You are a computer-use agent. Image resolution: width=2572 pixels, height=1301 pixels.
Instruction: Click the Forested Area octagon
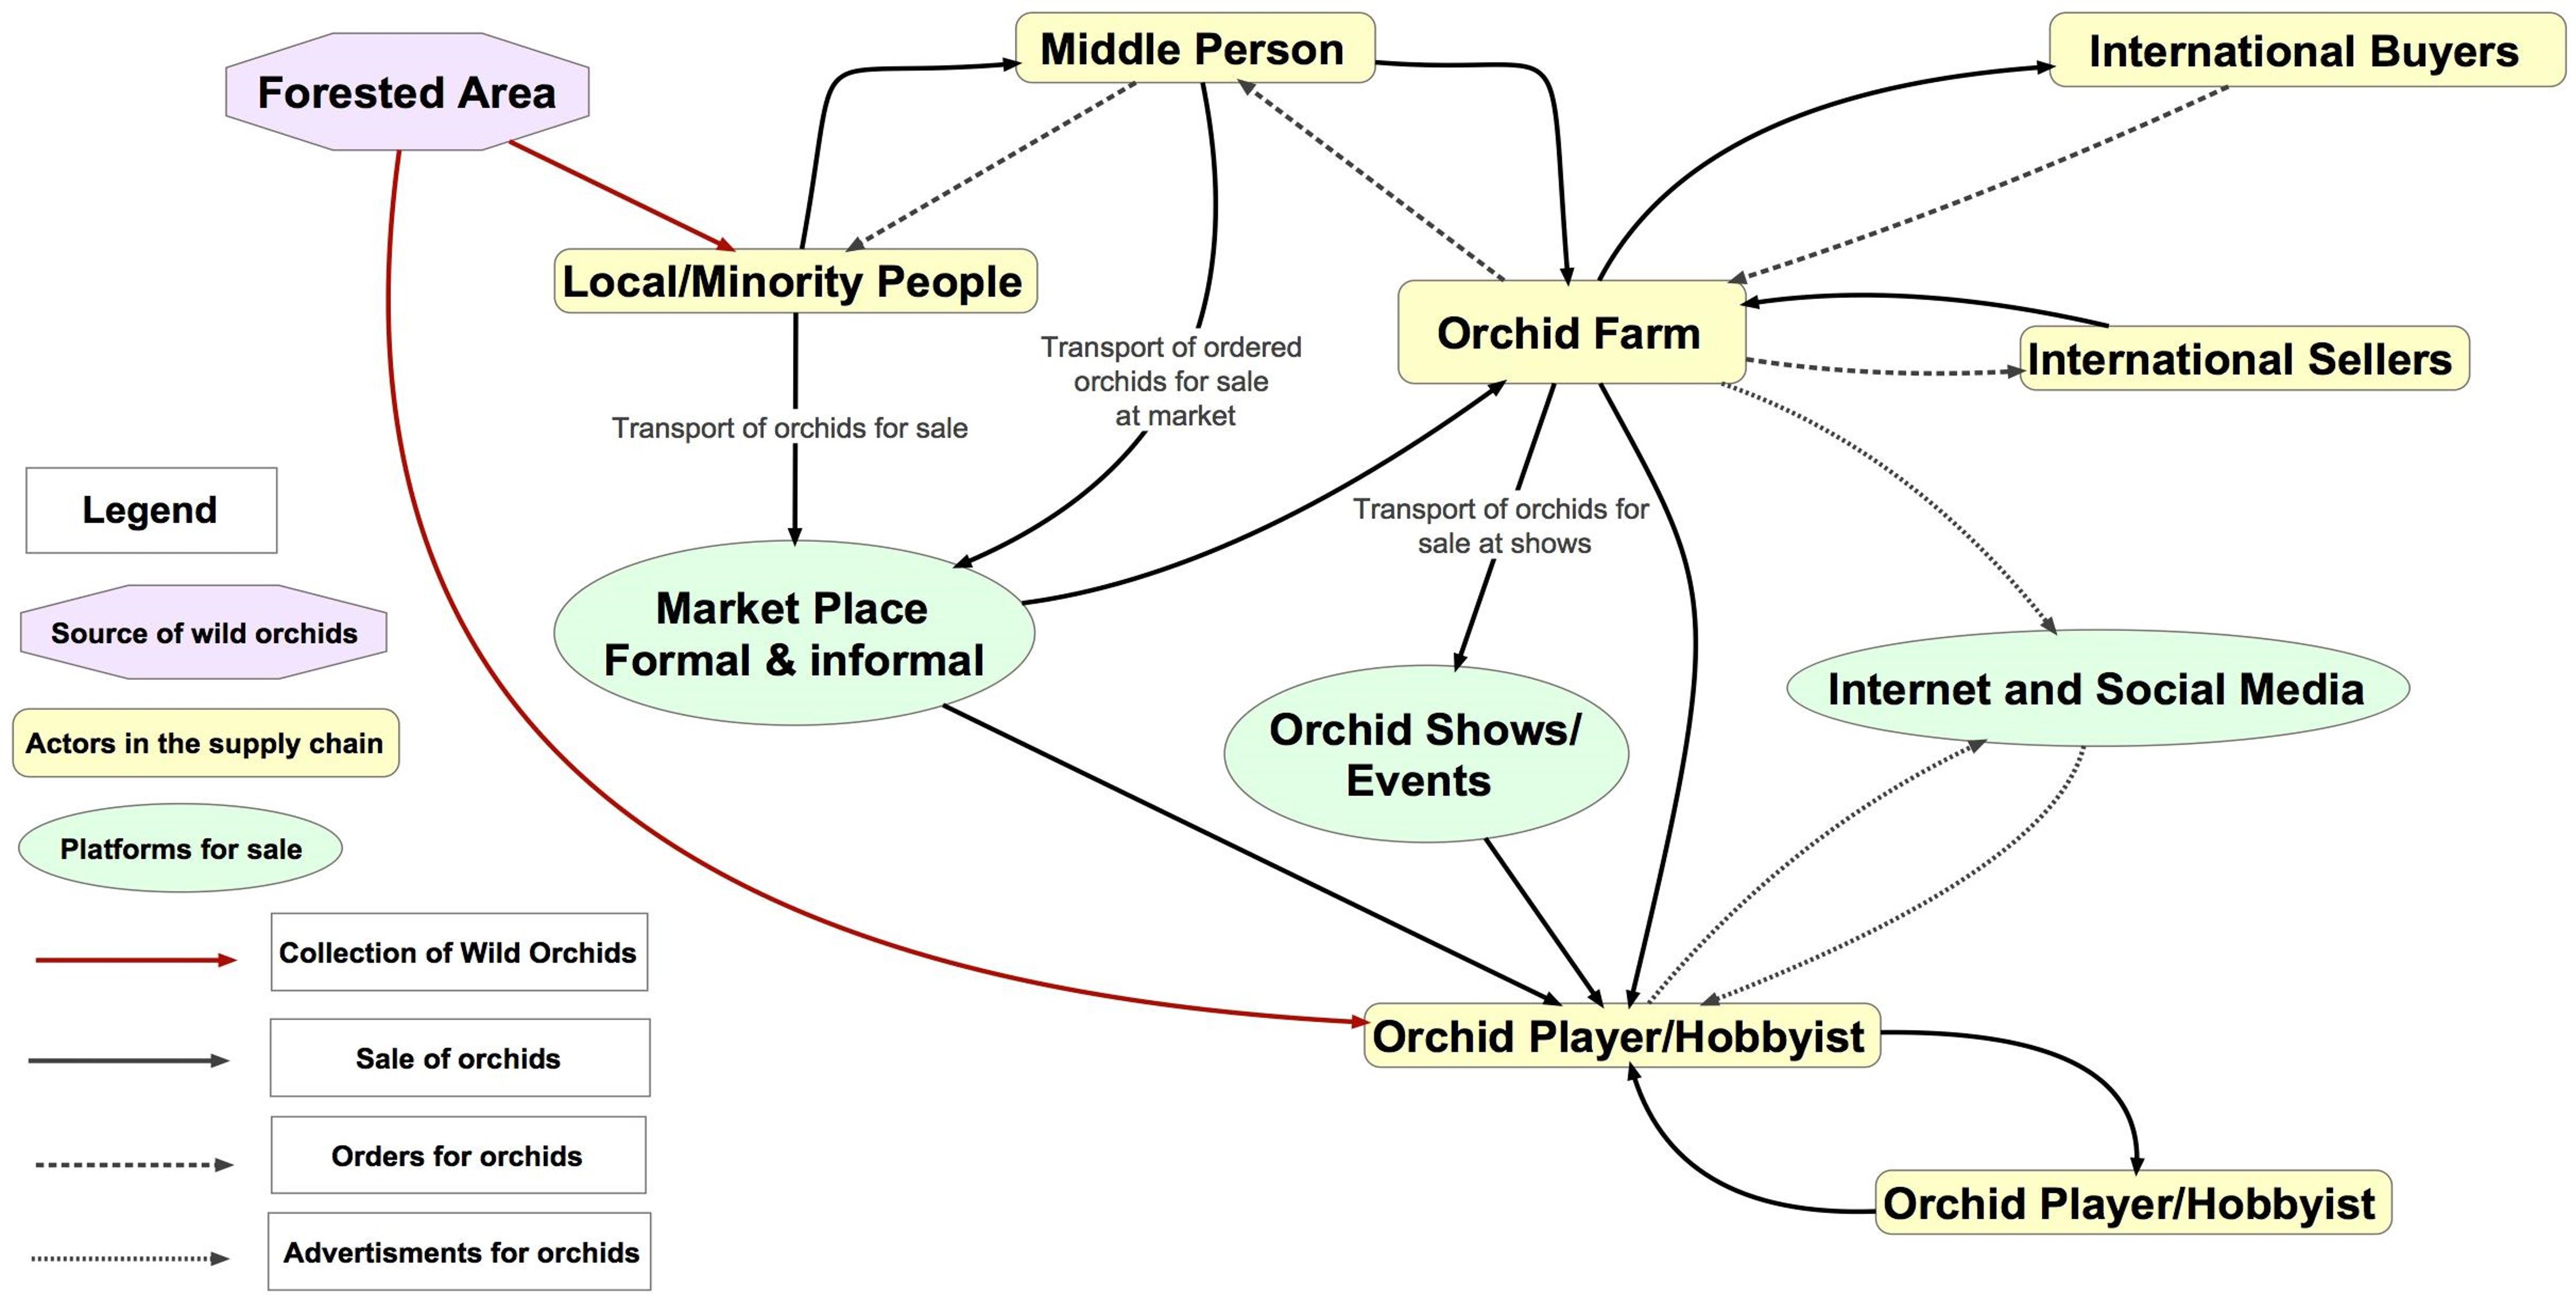tap(407, 92)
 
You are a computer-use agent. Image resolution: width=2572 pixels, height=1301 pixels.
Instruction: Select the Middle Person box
tap(1194, 48)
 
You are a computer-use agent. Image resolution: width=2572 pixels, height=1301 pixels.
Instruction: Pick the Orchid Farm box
tap(1570, 332)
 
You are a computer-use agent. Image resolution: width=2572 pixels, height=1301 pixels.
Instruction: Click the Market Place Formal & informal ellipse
tap(794, 633)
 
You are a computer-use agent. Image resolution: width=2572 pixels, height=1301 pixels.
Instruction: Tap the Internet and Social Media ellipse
tap(2096, 688)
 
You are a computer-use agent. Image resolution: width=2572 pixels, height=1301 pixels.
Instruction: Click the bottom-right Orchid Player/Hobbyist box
tap(2131, 1203)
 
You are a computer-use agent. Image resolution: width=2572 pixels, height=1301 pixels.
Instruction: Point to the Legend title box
tap(151, 510)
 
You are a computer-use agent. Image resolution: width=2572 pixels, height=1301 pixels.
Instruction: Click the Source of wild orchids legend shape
tap(204, 633)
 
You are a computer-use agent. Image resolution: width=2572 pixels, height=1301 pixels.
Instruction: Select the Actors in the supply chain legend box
tap(205, 743)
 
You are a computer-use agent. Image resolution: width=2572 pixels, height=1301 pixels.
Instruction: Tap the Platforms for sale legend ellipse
tap(181, 849)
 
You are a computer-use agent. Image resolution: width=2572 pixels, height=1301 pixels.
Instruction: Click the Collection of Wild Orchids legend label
tap(458, 952)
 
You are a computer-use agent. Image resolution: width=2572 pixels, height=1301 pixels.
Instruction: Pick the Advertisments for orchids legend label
tap(460, 1252)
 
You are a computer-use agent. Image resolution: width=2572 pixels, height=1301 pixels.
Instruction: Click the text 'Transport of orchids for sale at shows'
tap(1502, 526)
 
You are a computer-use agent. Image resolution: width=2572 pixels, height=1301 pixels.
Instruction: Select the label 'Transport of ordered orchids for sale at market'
tap(1172, 381)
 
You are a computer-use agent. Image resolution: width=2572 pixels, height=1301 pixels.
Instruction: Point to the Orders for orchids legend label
tap(457, 1155)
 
